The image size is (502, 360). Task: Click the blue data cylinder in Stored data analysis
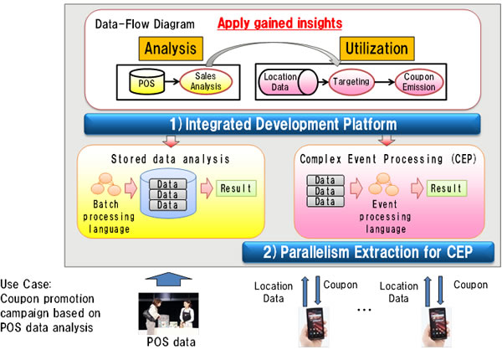(x=168, y=191)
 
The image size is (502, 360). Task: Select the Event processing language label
(x=382, y=216)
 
